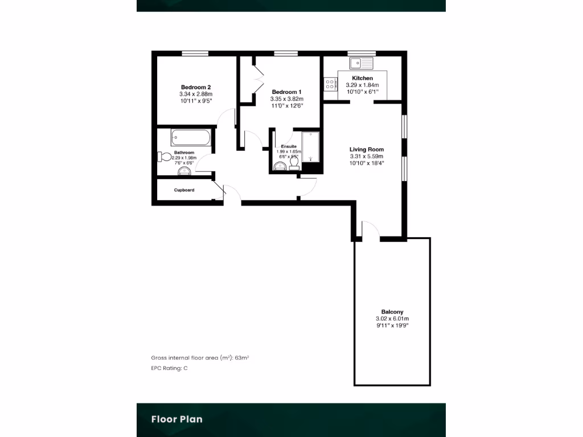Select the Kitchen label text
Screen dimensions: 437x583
pos(362,78)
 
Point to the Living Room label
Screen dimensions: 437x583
pos(366,150)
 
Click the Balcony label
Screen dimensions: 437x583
pos(392,312)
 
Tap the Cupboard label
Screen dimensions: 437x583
pos(184,190)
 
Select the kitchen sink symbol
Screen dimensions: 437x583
pos(361,62)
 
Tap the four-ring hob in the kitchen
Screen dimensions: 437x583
pos(330,84)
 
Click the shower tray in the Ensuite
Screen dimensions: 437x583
pos(311,147)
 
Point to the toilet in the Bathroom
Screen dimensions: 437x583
pos(163,157)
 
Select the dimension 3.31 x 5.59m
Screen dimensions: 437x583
pos(366,156)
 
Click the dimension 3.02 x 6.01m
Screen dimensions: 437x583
pos(392,319)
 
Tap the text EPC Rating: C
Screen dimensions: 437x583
pos(169,368)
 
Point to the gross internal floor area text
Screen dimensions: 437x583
pos(200,358)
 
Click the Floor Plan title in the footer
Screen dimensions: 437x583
pos(176,419)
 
